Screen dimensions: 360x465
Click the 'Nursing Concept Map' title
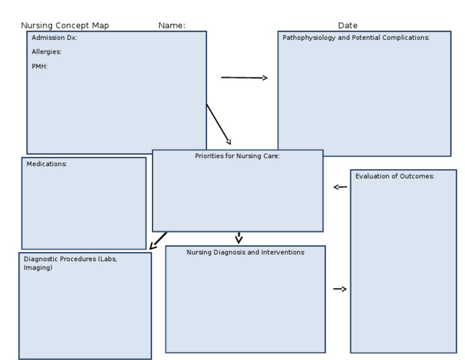coord(65,25)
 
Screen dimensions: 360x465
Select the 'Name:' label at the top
coord(171,25)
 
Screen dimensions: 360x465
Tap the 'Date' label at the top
coord(348,25)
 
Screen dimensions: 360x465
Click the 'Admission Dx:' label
coord(54,38)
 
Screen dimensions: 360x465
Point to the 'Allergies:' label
coord(47,52)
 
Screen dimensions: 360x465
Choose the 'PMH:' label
coord(39,67)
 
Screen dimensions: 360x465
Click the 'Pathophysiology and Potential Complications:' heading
coord(356,38)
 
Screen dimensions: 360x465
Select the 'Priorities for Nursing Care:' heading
coord(237,156)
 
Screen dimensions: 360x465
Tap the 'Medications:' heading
coord(47,164)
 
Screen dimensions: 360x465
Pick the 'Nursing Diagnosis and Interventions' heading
coord(245,252)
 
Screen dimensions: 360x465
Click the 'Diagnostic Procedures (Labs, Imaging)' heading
coord(70,259)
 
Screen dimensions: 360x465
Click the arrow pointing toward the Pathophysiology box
coord(244,78)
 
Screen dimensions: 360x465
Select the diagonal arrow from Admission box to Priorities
coord(219,124)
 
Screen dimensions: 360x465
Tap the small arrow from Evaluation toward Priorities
coord(340,187)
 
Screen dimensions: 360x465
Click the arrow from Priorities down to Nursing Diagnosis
coord(239,238)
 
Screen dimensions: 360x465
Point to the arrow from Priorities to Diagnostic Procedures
coord(158,241)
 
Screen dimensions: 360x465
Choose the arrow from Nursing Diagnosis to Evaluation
coord(340,289)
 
